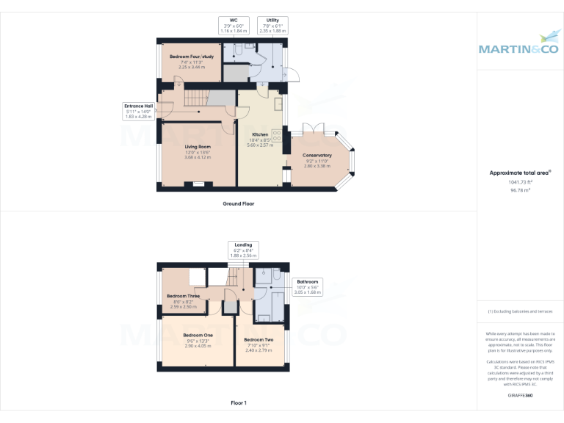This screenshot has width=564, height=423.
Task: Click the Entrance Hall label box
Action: [138, 111]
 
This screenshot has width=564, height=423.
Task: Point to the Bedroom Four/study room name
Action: [191, 57]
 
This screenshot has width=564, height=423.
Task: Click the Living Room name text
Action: [198, 147]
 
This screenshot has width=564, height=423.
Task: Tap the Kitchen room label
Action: [261, 135]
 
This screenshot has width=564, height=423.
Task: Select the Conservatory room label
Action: [317, 155]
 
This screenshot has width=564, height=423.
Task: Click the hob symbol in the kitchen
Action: [277, 136]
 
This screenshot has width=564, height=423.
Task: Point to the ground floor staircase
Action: [197, 98]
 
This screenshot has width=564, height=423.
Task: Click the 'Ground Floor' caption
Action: [239, 203]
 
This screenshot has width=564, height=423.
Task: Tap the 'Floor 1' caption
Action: [239, 403]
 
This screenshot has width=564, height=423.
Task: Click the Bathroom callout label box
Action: [308, 286]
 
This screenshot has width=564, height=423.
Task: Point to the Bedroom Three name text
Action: [183, 296]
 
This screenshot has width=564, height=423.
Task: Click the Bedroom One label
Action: [198, 335]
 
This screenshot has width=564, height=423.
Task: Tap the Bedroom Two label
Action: [258, 339]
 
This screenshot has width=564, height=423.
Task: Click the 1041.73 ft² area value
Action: [520, 182]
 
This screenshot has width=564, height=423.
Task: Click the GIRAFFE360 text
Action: [520, 395]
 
